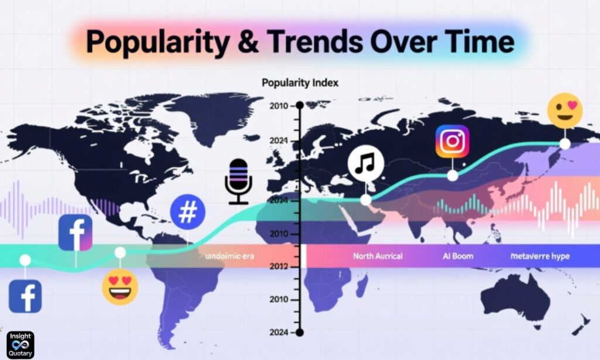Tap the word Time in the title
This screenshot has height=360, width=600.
[x=481, y=42]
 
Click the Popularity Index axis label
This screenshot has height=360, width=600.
[x=299, y=83]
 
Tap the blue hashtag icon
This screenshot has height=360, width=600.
[x=187, y=212]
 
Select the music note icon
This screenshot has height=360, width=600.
[x=366, y=163]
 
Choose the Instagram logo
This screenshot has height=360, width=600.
[x=452, y=142]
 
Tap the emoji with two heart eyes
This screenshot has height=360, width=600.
[x=120, y=287]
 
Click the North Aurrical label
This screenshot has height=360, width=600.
[x=377, y=256]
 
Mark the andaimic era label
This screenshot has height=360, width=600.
[x=226, y=256]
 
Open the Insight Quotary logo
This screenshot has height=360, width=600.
[x=20, y=345]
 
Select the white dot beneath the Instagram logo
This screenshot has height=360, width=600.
[x=452, y=175]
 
